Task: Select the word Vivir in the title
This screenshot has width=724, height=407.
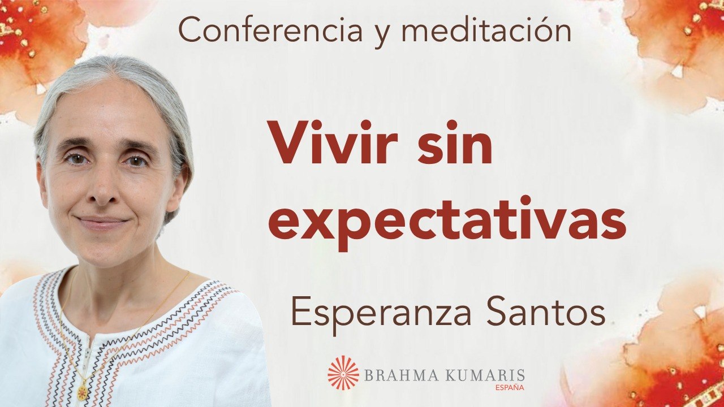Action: click(x=329, y=144)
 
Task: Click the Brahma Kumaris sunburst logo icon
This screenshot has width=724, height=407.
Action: click(x=343, y=373)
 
